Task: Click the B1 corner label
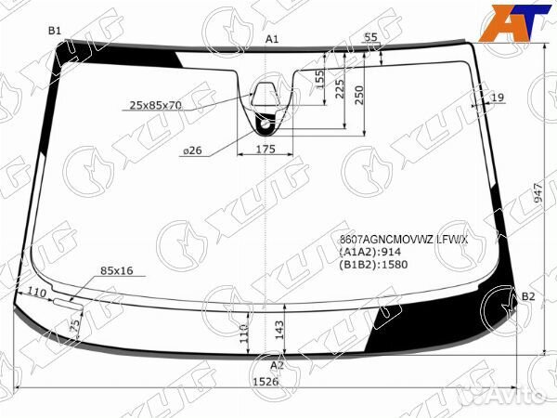[x=55, y=31]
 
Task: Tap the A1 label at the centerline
[x=272, y=39]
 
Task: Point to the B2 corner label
[x=528, y=296]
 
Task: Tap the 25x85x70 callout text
[x=156, y=105]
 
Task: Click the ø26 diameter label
[x=193, y=150]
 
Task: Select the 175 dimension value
[x=266, y=150]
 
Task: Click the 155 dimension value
[x=319, y=79]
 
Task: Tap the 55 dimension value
[x=370, y=37]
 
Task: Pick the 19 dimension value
[x=498, y=98]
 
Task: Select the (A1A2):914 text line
[x=369, y=252]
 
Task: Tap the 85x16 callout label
[x=117, y=270]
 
